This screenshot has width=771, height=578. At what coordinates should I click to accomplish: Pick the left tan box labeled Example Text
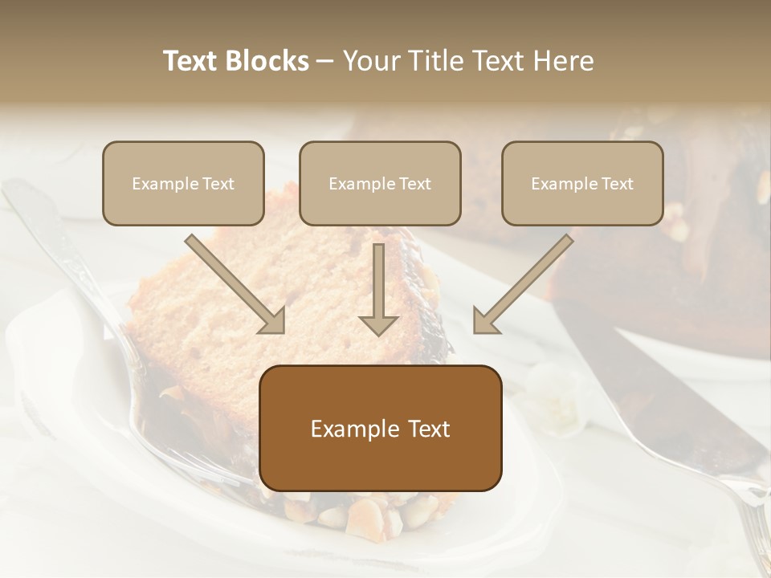[x=183, y=184]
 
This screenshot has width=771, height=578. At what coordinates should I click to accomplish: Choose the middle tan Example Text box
[x=380, y=184]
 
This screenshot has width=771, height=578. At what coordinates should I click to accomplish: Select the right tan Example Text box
[x=582, y=184]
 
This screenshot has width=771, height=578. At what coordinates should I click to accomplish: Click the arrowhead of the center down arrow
[x=378, y=324]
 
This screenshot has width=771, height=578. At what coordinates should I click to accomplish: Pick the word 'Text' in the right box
[x=617, y=184]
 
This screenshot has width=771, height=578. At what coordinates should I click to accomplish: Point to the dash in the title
[x=325, y=62]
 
